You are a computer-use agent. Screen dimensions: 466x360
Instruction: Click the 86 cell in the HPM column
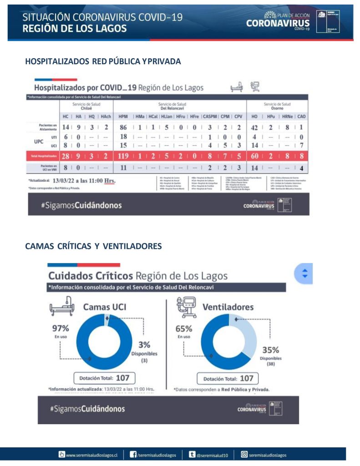[x=123, y=128]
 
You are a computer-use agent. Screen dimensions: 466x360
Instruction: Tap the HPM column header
[x=123, y=116]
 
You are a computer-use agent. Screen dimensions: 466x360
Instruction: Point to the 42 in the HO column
[x=255, y=128]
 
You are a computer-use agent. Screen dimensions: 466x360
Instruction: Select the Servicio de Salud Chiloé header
[x=86, y=106]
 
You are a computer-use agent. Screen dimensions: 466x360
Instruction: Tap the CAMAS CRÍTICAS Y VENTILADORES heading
[x=93, y=246]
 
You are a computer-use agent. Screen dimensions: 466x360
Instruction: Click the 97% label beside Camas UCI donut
[x=61, y=328]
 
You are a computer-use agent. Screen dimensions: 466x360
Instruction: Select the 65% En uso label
[x=184, y=328]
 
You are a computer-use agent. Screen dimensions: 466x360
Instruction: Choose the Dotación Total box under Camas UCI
[x=104, y=378]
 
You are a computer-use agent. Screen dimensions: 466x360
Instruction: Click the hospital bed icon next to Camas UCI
[x=61, y=307]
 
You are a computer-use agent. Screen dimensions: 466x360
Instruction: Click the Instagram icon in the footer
[x=244, y=454]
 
